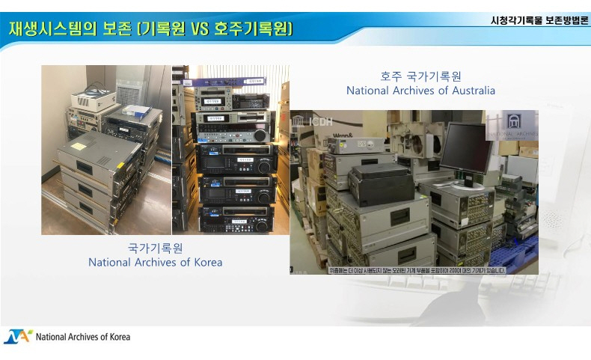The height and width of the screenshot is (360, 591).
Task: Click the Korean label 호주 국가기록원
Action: pyautogui.click(x=420, y=76)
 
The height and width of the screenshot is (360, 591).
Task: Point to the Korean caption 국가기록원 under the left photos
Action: pyautogui.click(x=155, y=248)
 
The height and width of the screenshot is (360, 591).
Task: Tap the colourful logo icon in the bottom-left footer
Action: pyautogui.click(x=17, y=337)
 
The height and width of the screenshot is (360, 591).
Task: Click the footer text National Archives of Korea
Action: pyautogui.click(x=83, y=337)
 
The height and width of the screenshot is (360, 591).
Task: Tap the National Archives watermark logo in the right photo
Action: pyautogui.click(x=512, y=125)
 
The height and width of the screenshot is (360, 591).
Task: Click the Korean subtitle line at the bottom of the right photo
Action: pyautogui.click(x=413, y=269)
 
